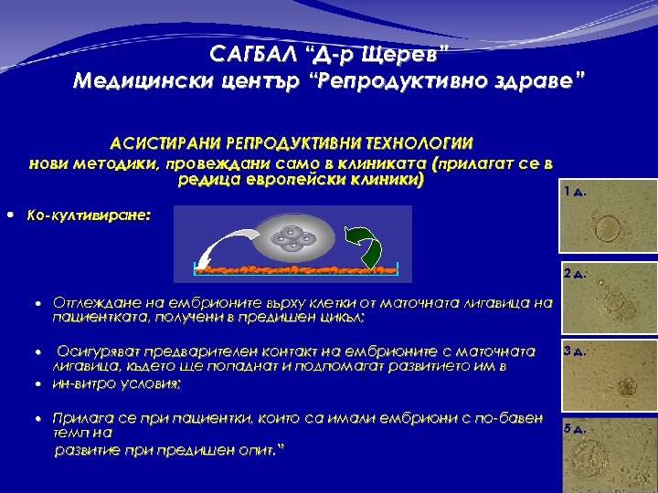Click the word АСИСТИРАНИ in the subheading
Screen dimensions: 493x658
[x=170, y=144]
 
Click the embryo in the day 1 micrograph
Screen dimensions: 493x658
[x=606, y=226]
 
